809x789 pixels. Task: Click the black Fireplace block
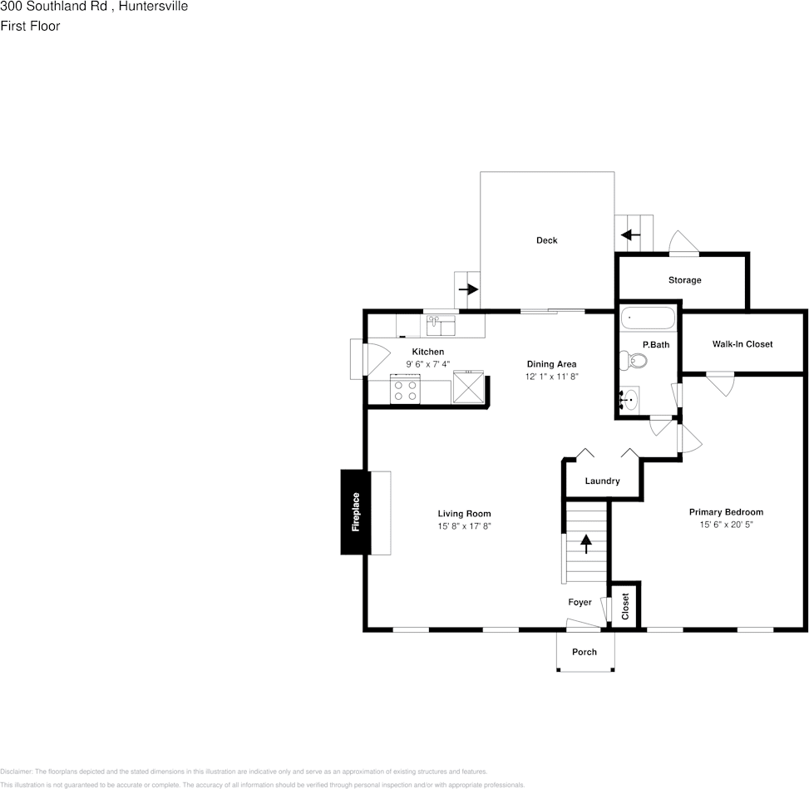[355, 512]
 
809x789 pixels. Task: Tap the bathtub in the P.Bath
[647, 318]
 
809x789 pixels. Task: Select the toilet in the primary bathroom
[634, 360]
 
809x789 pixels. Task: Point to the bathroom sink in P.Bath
[629, 401]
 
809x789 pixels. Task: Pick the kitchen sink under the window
[441, 324]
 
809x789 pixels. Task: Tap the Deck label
[546, 240]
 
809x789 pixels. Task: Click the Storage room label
[684, 280]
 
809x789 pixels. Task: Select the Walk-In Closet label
[742, 343]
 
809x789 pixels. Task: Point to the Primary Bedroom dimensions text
[725, 525]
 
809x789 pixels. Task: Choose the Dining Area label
[551, 364]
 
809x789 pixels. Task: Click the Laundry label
[602, 481]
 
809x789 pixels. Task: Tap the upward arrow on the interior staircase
[586, 544]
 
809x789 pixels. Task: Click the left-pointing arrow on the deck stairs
[631, 235]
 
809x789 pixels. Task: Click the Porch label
[585, 652]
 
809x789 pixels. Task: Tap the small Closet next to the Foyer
[626, 607]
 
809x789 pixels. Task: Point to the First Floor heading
[30, 26]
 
